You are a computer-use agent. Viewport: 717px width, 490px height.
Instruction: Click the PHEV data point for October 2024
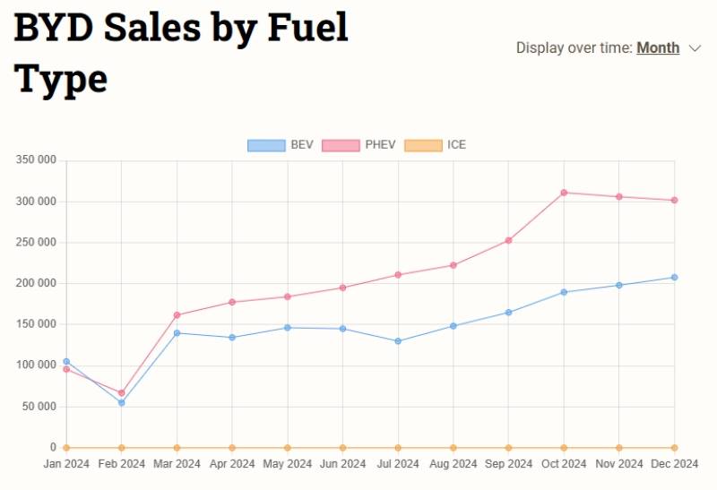564,193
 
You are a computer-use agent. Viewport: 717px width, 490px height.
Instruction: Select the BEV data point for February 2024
121,402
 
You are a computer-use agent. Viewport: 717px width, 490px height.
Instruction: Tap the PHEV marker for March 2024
177,315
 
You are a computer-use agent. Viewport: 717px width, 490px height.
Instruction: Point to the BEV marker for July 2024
398,341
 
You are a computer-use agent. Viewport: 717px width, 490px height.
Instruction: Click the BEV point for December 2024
674,278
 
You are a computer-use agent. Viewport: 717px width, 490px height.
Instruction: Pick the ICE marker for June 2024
342,448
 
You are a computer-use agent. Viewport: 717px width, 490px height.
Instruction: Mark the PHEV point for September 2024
508,240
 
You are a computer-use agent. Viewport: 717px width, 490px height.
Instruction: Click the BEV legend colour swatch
266,145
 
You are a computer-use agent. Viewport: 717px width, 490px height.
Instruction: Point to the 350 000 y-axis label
36,160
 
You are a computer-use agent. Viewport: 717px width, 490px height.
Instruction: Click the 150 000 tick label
36,324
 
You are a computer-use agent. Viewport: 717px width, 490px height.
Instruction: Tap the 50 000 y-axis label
39,407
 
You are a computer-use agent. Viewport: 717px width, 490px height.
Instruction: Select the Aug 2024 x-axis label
453,464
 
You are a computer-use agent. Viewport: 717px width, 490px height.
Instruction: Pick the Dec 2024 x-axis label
674,464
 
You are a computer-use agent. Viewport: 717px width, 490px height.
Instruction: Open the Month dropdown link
658,48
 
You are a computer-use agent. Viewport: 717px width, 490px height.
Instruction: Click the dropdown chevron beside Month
695,48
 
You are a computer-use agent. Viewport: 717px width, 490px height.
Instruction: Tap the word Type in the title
61,79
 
